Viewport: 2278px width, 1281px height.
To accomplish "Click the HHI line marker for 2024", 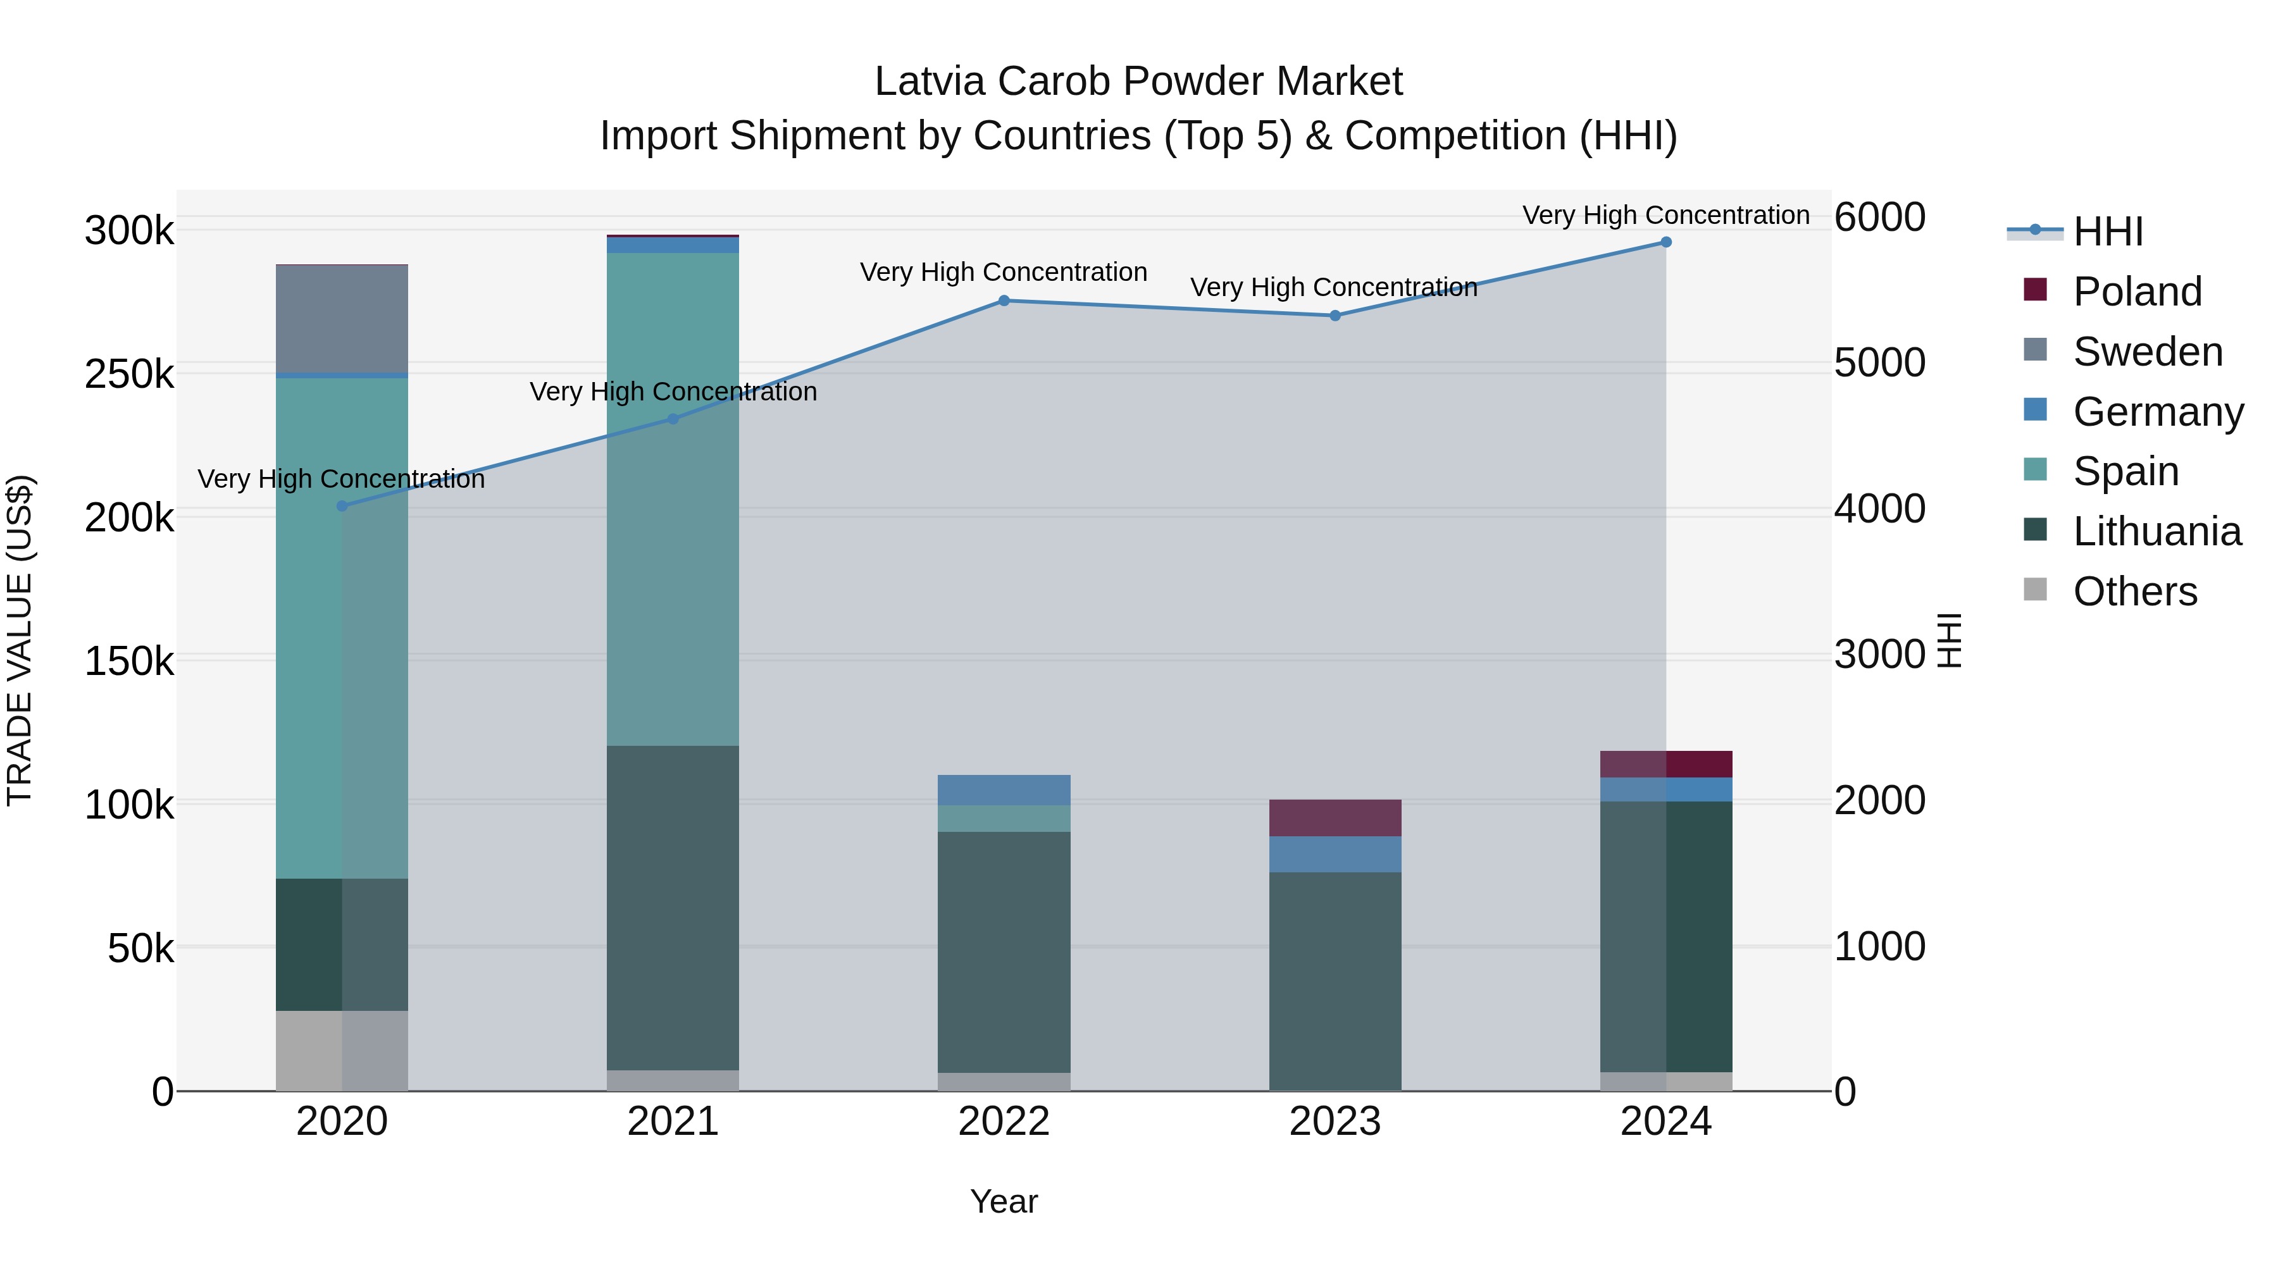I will click(1665, 242).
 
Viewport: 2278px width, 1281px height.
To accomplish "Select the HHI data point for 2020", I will click(342, 505).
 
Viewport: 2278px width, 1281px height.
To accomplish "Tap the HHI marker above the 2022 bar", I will click(1004, 300).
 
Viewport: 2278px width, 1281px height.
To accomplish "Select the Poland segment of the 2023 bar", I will click(1335, 818).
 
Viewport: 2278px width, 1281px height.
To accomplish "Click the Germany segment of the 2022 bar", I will click(1004, 789).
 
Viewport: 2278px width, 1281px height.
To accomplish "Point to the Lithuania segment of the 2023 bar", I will click(1335, 981).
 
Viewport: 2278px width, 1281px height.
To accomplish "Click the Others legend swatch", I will click(2035, 590).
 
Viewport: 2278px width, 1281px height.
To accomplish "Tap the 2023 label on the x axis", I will click(1335, 1122).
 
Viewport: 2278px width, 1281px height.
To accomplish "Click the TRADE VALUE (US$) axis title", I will click(20, 640).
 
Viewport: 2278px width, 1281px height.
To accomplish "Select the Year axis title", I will click(1004, 1201).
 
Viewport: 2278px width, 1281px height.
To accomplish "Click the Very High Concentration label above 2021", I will click(673, 392).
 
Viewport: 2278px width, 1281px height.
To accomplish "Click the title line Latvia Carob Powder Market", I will click(1138, 82).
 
